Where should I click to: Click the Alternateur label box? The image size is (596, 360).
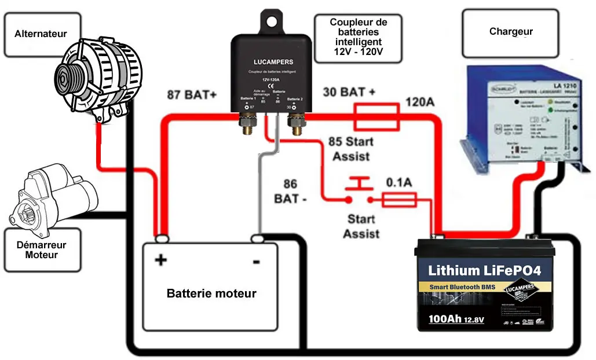pyautogui.click(x=41, y=34)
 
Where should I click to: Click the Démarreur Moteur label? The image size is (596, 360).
pyautogui.click(x=42, y=249)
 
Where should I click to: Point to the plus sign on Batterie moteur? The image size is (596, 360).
pyautogui.click(x=160, y=260)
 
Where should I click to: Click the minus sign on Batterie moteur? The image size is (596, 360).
pyautogui.click(x=256, y=262)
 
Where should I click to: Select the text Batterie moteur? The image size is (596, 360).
pyautogui.click(x=211, y=293)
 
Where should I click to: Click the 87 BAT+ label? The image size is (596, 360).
pyautogui.click(x=191, y=94)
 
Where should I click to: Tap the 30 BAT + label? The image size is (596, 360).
pyautogui.click(x=348, y=92)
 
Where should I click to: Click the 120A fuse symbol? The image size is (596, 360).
pyautogui.click(x=376, y=116)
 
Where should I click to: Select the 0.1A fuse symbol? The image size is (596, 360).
pyautogui.click(x=399, y=200)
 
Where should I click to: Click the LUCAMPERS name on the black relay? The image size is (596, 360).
pyautogui.click(x=273, y=62)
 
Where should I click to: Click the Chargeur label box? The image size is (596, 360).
pyautogui.click(x=510, y=32)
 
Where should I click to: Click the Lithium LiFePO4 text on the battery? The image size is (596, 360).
pyautogui.click(x=484, y=270)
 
